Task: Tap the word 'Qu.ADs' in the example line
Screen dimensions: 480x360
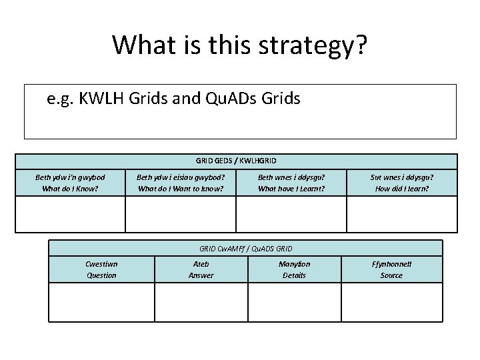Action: (232, 99)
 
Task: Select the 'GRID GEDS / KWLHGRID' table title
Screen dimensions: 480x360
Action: (236, 161)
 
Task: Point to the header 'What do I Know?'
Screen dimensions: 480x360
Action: (70, 189)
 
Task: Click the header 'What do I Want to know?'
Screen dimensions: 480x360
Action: (181, 189)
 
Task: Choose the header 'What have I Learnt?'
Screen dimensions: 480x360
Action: (291, 189)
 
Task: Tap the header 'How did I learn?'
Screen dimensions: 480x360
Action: (402, 189)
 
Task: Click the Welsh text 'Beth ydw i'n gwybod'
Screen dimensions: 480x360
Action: (70, 177)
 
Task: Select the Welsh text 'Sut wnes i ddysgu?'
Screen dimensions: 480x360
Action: (402, 177)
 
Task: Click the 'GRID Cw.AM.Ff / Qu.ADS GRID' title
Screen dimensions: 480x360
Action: (246, 248)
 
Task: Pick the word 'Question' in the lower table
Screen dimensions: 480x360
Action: (101, 275)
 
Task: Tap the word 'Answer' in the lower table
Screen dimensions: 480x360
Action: (201, 275)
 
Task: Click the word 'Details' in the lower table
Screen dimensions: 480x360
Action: (294, 275)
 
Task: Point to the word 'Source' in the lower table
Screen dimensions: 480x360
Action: (391, 275)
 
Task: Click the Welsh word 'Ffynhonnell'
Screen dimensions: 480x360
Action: (391, 264)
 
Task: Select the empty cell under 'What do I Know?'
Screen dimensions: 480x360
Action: (70, 215)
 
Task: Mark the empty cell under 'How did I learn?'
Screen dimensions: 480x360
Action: (402, 215)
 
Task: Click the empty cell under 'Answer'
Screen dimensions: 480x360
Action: (201, 302)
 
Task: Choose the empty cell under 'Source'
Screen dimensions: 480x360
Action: (391, 302)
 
